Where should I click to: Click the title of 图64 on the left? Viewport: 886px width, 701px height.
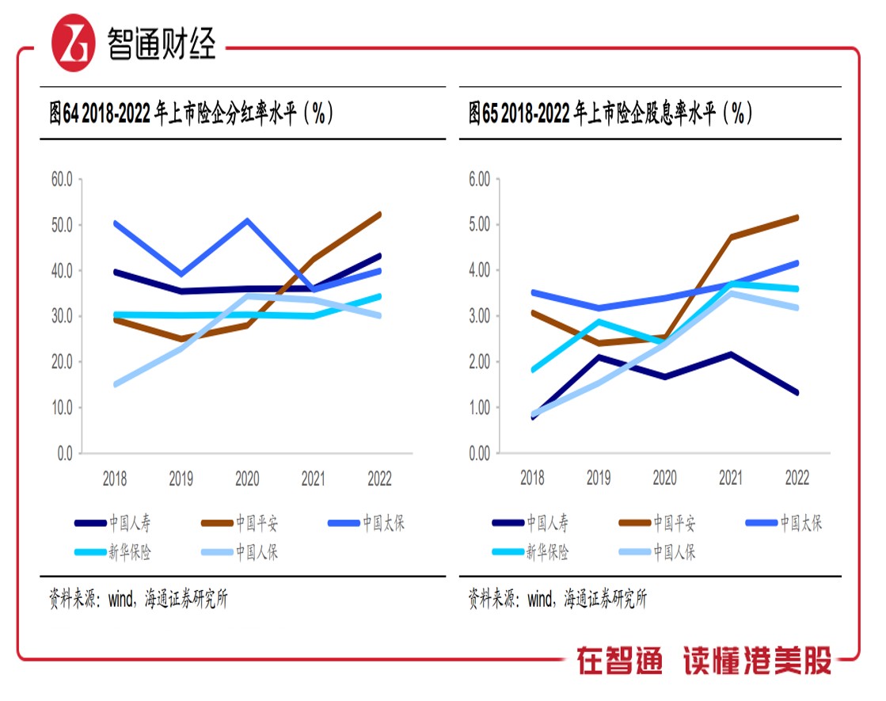[x=191, y=115]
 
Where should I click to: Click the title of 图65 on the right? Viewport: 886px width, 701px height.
[x=609, y=115]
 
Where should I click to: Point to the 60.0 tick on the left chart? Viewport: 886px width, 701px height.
[x=62, y=180]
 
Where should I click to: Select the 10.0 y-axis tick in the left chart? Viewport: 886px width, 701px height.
[x=62, y=408]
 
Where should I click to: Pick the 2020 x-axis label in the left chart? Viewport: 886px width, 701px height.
[x=247, y=478]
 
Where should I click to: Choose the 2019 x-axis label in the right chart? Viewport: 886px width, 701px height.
[x=598, y=478]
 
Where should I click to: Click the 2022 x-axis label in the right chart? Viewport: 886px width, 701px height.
[x=797, y=478]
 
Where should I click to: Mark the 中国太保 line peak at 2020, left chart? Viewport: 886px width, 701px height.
[x=247, y=220]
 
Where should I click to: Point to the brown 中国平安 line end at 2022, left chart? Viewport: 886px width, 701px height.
[x=379, y=214]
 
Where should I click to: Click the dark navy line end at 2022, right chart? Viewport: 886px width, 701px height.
[x=796, y=393]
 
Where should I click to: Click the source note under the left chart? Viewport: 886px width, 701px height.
[x=138, y=600]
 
